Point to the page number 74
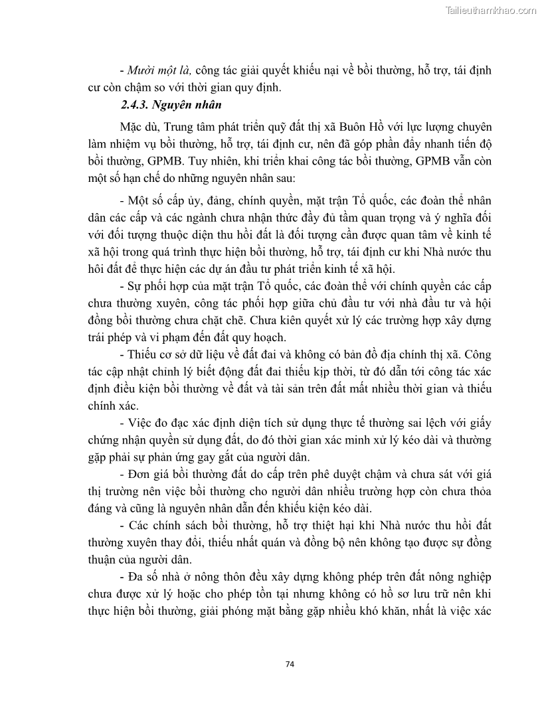click(289, 664)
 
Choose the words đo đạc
click(181, 423)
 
